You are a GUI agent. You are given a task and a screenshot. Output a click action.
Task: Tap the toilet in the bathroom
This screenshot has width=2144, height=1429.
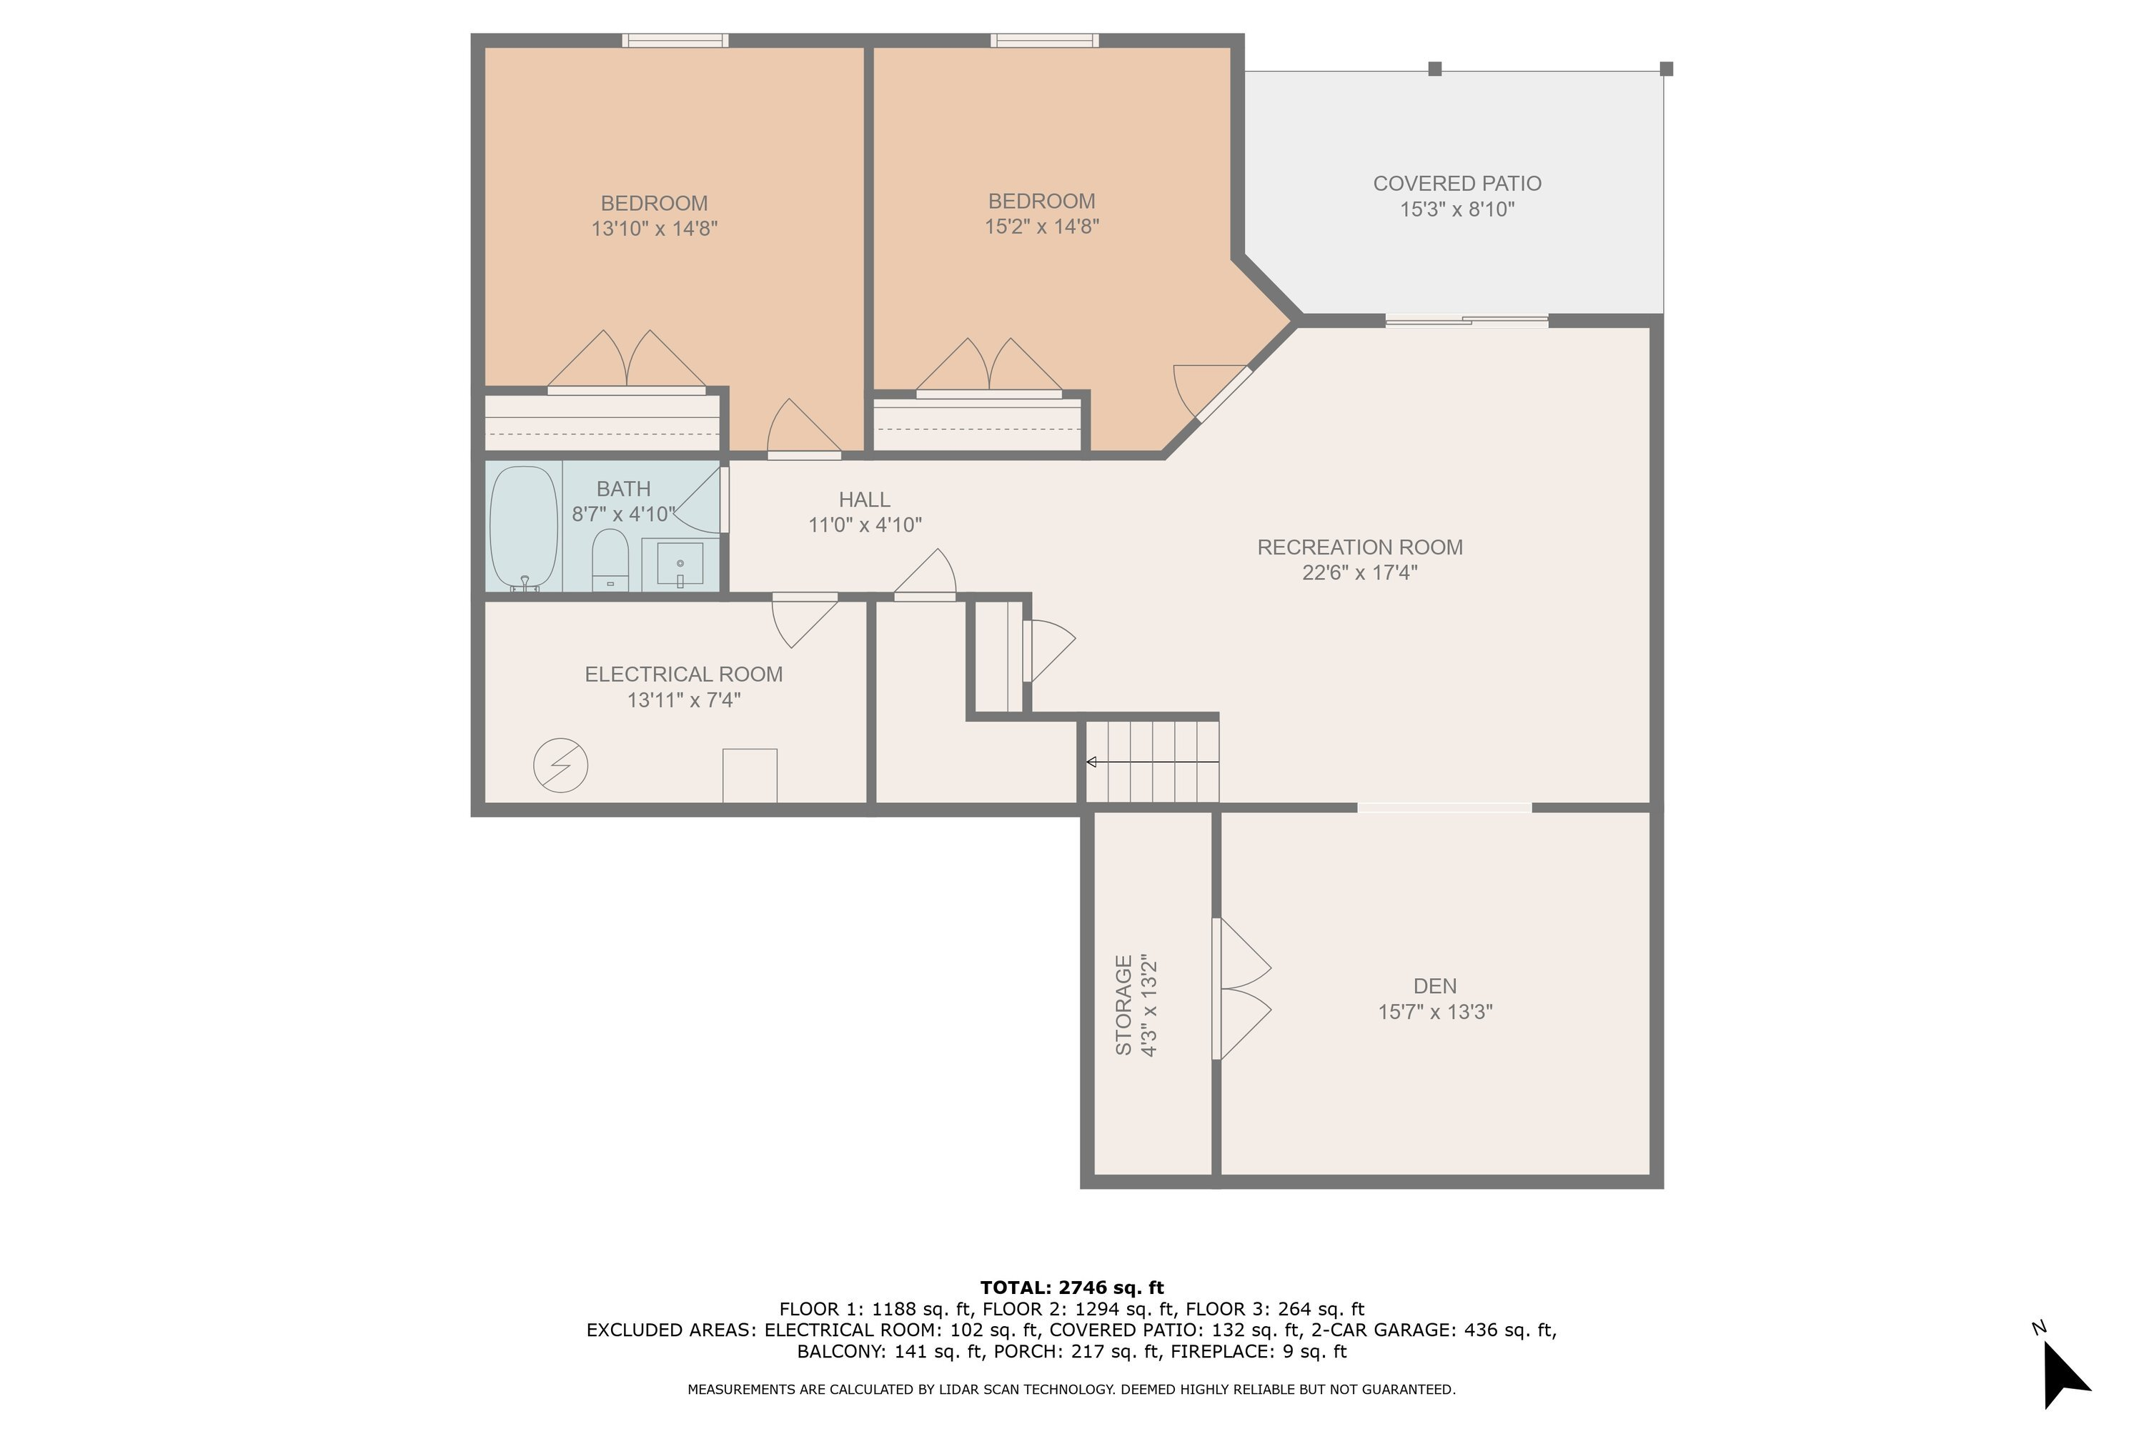[610, 559]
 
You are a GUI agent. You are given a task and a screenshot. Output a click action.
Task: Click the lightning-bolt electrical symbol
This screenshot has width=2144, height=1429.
[560, 765]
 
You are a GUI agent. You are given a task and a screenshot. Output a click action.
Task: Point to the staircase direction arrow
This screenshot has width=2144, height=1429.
[1151, 762]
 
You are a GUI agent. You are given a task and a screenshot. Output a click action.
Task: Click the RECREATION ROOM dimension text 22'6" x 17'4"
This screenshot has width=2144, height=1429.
[1359, 573]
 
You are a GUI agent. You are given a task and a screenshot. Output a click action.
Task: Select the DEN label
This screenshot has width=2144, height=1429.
[1435, 986]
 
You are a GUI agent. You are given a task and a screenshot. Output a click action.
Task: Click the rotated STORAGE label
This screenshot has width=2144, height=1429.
[1124, 1005]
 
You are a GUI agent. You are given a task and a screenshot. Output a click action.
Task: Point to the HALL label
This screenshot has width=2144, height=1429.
[864, 499]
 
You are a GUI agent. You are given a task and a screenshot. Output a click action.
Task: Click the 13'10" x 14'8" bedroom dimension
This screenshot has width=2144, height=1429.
[655, 229]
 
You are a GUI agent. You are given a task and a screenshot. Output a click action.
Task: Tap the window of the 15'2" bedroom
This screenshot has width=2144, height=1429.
[1045, 40]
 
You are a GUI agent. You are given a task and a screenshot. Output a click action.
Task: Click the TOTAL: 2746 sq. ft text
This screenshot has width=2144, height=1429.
[1072, 1288]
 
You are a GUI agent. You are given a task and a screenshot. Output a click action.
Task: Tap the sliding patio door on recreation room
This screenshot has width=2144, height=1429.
[1466, 320]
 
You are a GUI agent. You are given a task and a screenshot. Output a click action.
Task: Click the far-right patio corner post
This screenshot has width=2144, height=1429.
[1667, 69]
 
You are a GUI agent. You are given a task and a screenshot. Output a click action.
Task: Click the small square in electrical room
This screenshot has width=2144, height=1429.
[749, 775]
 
